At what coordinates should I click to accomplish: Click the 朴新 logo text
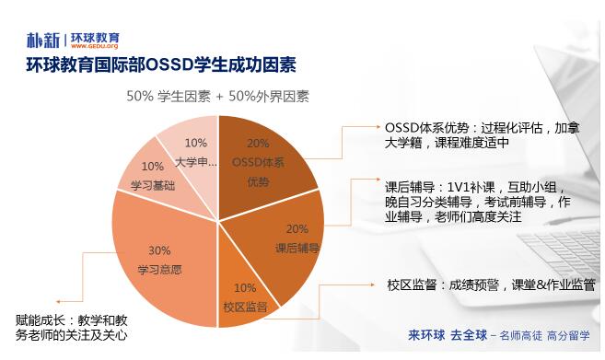click(x=43, y=40)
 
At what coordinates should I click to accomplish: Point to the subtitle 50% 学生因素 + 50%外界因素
click(x=217, y=95)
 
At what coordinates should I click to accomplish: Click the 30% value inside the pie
click(x=159, y=250)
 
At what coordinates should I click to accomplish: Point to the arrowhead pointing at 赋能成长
click(x=61, y=300)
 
